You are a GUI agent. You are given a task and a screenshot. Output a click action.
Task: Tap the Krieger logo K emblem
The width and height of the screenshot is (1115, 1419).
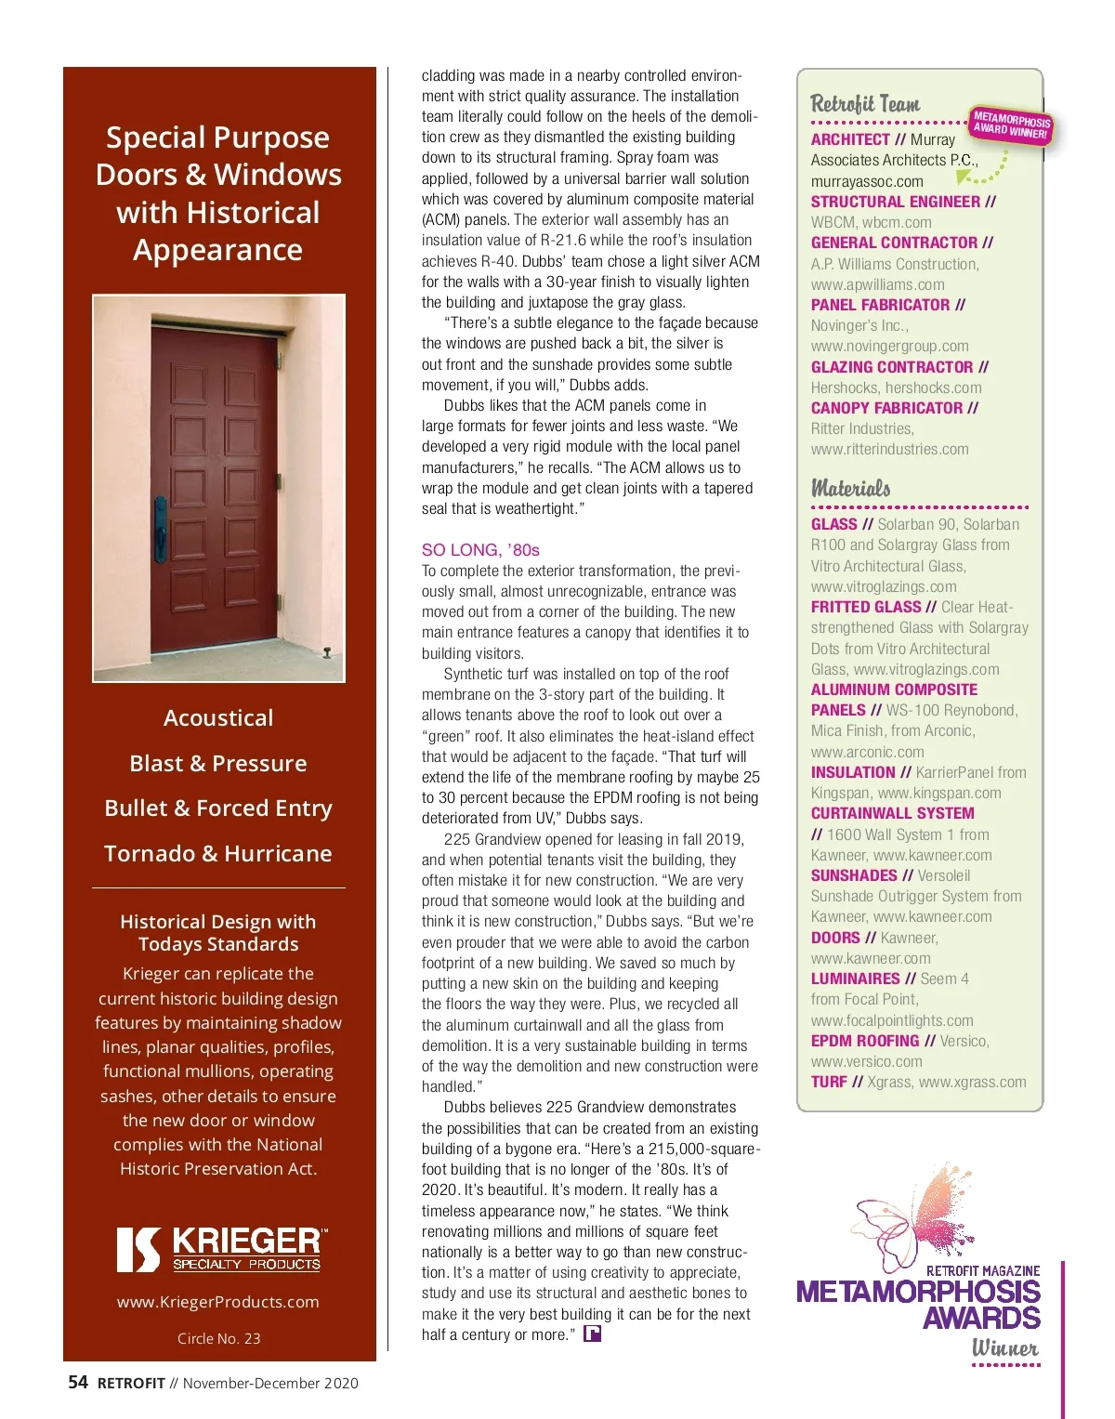tap(138, 1249)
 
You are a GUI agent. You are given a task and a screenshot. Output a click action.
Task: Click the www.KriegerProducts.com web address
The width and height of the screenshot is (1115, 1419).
tap(218, 1302)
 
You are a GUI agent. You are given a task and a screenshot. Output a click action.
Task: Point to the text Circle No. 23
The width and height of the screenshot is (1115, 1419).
tap(218, 1338)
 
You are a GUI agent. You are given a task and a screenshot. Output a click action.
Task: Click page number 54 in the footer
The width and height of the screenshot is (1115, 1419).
tap(78, 1382)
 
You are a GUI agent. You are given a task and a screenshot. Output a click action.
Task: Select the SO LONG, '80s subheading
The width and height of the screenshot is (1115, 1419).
tap(480, 550)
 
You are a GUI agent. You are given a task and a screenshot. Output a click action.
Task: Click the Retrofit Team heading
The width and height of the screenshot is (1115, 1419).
tap(865, 104)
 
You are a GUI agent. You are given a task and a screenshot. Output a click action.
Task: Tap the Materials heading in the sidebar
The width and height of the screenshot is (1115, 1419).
tap(850, 488)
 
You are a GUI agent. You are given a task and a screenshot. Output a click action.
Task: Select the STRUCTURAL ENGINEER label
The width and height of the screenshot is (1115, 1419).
tap(895, 202)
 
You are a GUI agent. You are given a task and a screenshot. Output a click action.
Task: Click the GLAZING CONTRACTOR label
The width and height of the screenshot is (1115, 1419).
tap(891, 367)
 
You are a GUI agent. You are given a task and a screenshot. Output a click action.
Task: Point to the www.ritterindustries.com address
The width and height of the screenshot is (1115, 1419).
tap(889, 449)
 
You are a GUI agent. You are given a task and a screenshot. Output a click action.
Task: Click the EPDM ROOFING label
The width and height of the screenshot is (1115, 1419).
tap(864, 1041)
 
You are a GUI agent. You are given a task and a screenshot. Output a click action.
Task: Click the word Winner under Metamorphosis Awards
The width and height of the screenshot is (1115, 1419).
tap(1004, 1347)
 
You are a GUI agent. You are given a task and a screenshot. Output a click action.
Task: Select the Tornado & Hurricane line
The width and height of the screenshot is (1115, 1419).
tap(218, 853)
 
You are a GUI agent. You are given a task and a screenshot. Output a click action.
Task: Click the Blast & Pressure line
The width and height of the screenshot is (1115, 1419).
tap(218, 763)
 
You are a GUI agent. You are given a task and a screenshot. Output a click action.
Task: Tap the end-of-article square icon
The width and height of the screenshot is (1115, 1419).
tap(592, 1334)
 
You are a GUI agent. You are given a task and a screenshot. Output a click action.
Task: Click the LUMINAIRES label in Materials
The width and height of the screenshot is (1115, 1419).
tap(855, 979)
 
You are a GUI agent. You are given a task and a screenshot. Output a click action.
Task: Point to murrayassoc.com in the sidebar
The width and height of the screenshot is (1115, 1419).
tap(867, 181)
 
